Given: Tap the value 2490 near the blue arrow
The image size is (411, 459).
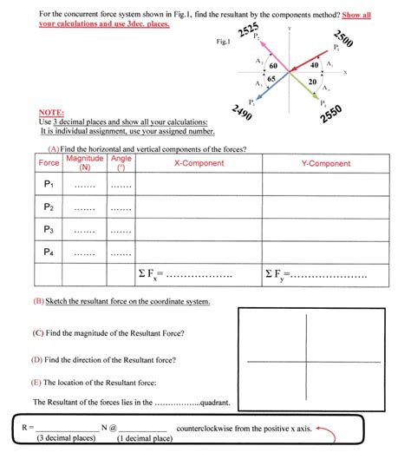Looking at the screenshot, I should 243,113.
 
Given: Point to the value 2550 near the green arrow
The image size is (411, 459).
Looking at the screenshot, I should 332,115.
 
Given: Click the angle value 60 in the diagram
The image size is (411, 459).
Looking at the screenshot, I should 273,66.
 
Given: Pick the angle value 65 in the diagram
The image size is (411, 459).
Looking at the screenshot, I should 271,79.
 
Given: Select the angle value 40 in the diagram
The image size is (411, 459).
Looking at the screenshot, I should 314,66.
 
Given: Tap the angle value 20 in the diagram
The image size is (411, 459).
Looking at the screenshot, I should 312,81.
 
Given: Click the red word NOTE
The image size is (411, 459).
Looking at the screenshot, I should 54,113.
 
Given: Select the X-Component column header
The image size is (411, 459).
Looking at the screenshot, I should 199,163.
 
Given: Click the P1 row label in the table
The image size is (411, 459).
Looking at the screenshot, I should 49,184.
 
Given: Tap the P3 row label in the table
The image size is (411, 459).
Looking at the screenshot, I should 49,229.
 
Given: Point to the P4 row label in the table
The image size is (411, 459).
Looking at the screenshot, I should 49,252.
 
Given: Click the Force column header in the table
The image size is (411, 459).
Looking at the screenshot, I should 49,163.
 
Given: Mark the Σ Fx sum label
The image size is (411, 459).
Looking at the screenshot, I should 149,275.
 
